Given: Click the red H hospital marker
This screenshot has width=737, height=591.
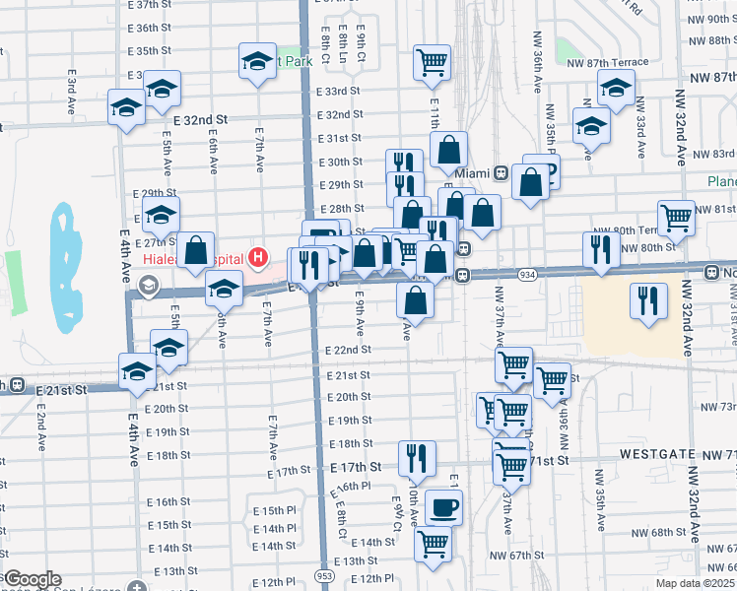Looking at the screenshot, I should click(x=258, y=259).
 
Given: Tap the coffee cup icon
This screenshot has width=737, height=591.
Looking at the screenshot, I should click(x=443, y=506).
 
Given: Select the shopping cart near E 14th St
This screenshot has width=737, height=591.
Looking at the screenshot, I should click(x=434, y=544).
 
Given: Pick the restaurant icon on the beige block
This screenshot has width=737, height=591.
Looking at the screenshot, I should click(x=649, y=300).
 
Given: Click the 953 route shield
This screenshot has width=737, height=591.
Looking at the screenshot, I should click(x=324, y=573).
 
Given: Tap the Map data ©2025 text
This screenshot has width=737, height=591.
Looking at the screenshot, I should click(x=696, y=583).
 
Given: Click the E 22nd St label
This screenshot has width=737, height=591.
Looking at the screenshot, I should click(x=349, y=350).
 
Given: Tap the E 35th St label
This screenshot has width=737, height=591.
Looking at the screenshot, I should click(x=150, y=50).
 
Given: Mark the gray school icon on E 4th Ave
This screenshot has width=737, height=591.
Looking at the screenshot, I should click(x=148, y=287).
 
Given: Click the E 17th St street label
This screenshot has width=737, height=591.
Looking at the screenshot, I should click(x=356, y=466).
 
